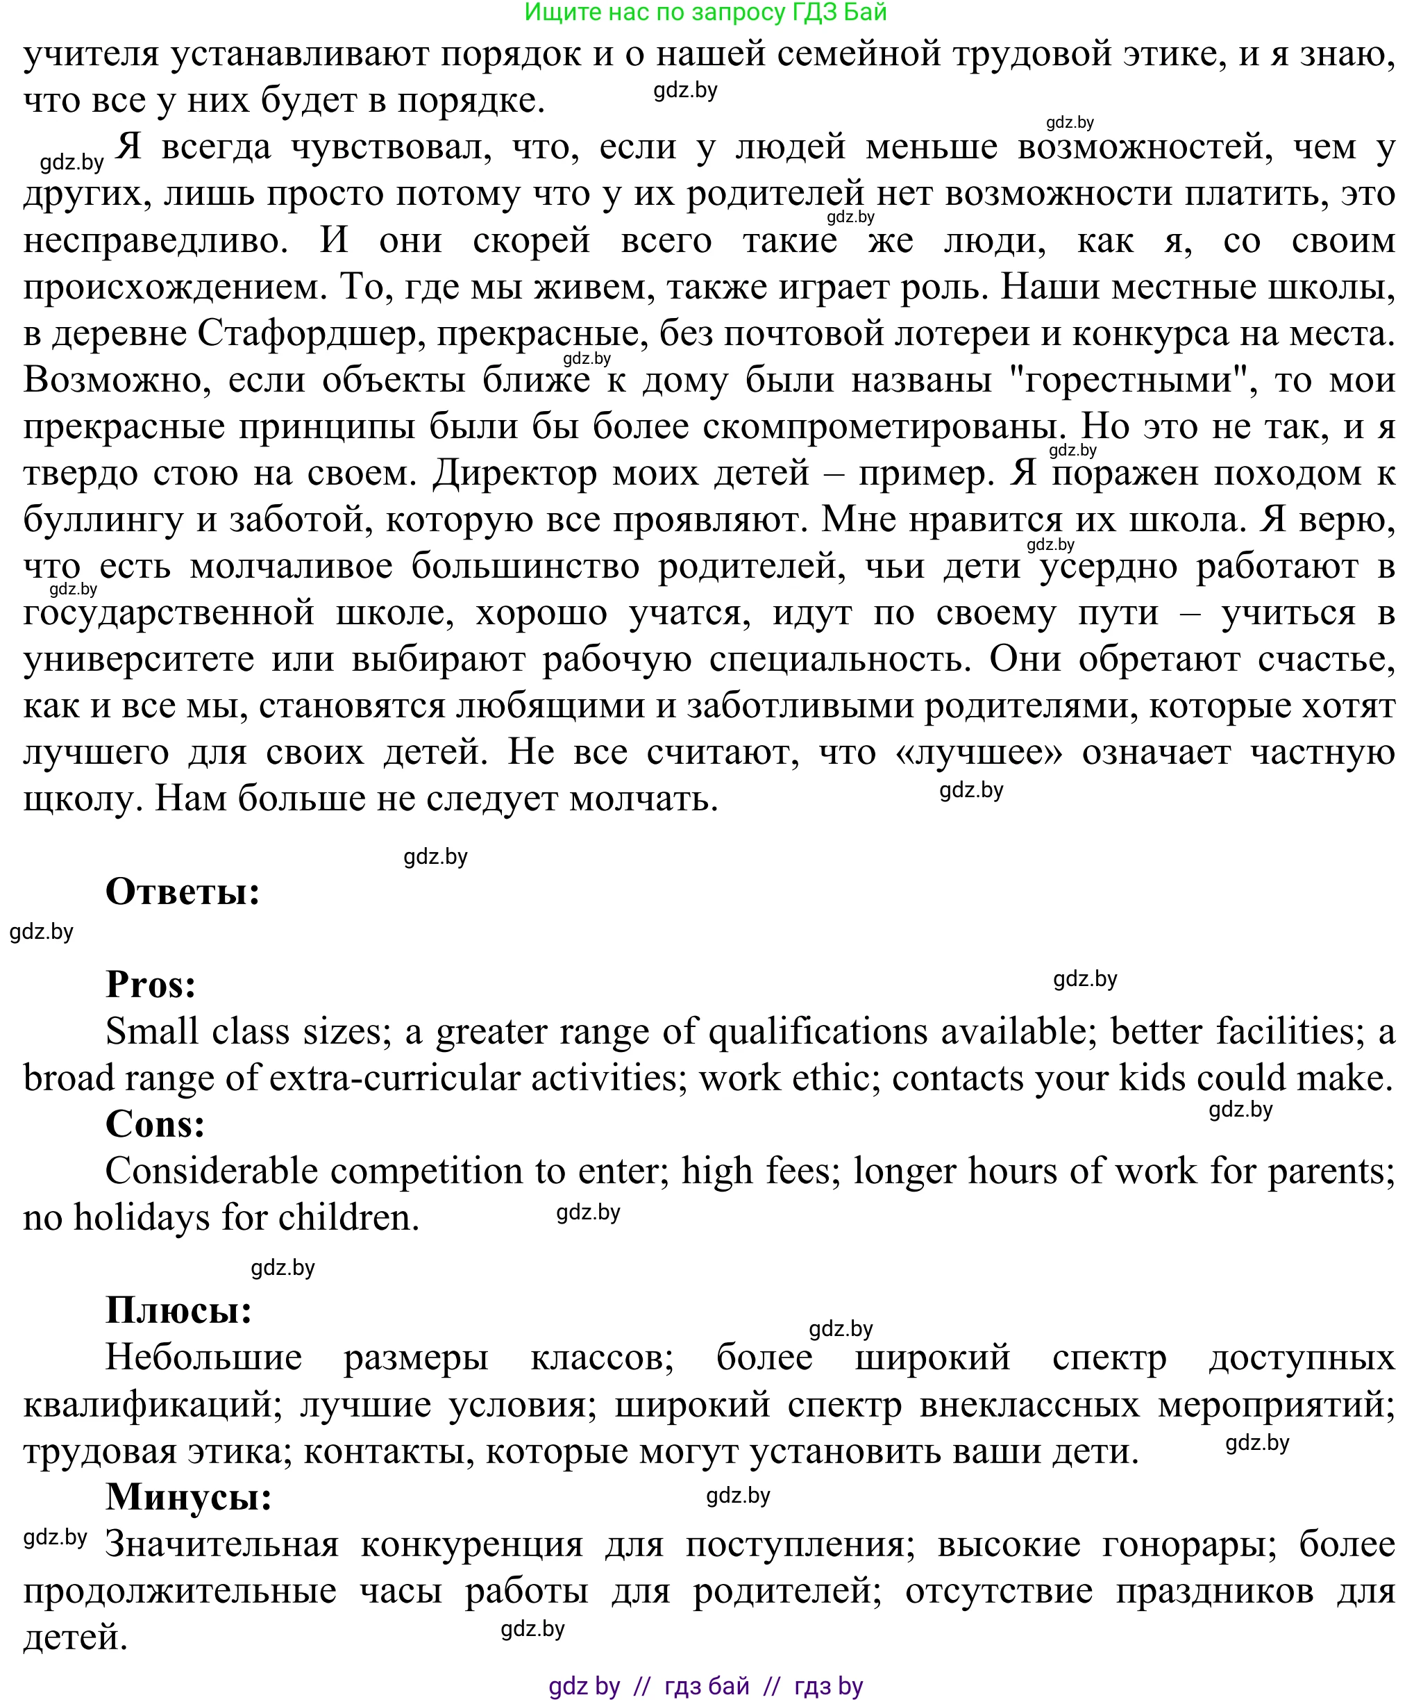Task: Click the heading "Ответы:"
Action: coord(183,892)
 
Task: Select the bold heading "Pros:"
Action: coord(151,985)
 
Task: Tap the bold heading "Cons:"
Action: coord(155,1124)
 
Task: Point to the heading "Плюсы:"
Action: coord(179,1310)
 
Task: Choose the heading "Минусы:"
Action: coord(188,1496)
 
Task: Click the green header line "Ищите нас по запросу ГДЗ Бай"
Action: coord(706,12)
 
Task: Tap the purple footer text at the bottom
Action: coord(706,1687)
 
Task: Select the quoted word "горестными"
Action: coord(1134,379)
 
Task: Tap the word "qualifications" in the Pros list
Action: coord(818,1031)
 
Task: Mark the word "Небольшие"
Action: coord(203,1358)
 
